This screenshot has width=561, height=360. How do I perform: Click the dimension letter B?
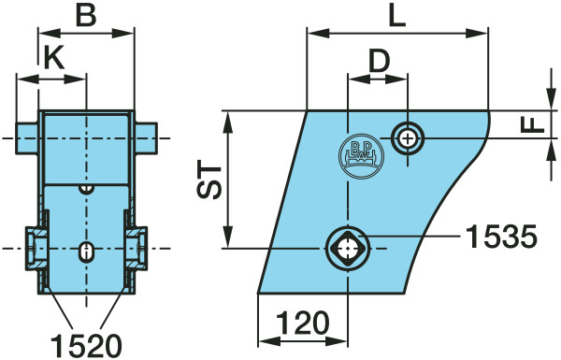click(x=86, y=15)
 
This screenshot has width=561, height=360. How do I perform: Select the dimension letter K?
click(x=54, y=58)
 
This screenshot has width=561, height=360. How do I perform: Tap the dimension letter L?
click(x=397, y=15)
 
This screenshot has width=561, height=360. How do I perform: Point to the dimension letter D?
click(x=379, y=61)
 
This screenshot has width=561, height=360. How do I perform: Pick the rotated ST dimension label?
click(x=210, y=181)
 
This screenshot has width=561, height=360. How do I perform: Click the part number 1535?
click(x=502, y=237)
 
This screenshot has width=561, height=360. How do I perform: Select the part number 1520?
click(x=87, y=346)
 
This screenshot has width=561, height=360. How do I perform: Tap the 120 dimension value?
click(x=303, y=323)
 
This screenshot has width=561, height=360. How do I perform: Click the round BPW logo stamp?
click(x=361, y=155)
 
